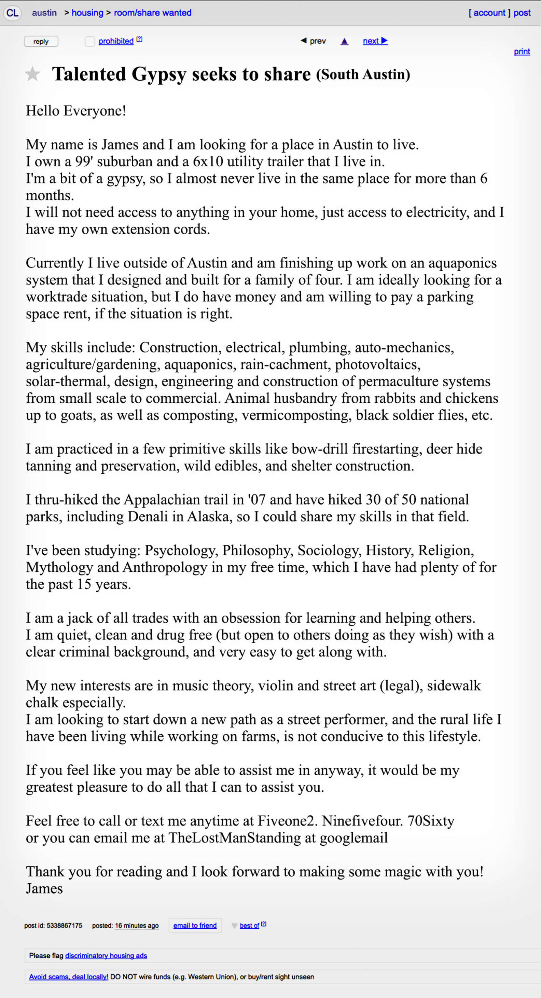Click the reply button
point(41,41)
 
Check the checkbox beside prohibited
point(90,41)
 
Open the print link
point(522,52)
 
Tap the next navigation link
point(375,41)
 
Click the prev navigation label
point(317,41)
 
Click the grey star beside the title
point(32,74)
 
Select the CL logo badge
point(12,13)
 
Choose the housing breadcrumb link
point(87,13)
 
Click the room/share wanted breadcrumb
point(152,13)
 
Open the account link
point(489,13)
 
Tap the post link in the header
point(522,13)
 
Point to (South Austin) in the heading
point(363,74)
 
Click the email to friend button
point(195,926)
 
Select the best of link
point(249,926)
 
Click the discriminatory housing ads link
point(106,956)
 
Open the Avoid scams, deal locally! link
point(69,977)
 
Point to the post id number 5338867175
point(64,926)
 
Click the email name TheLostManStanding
point(234,837)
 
